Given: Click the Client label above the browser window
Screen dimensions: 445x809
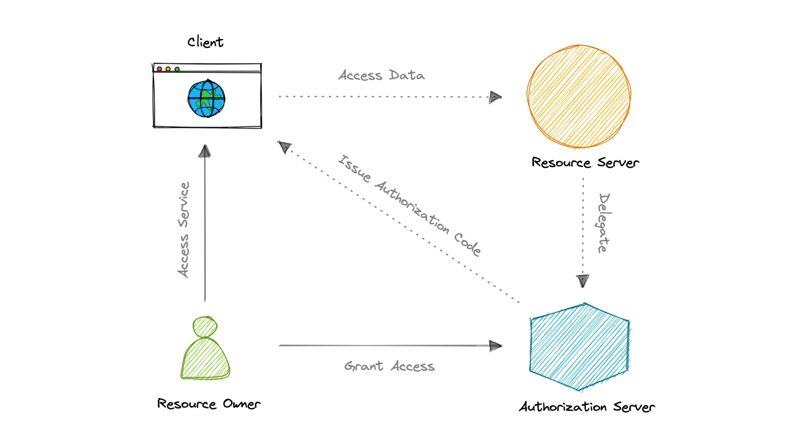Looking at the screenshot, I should (205, 42).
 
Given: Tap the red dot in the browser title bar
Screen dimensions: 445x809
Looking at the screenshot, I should (159, 69).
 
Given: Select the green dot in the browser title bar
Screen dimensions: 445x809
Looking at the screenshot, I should (177, 69).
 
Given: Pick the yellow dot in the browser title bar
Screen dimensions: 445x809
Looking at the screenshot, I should (168, 69).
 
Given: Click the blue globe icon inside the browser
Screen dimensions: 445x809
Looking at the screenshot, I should (206, 99).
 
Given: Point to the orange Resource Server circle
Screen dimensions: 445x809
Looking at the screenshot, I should (578, 96).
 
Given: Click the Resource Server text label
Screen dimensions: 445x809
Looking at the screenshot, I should (585, 162).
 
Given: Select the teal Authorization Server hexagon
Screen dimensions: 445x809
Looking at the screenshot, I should (579, 347).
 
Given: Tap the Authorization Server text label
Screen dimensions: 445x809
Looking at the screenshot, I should (587, 407).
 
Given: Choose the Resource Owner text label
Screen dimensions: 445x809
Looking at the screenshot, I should (209, 404).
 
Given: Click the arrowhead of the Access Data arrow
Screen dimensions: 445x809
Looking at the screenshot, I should (495, 97).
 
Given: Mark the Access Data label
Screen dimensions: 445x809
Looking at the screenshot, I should (382, 75).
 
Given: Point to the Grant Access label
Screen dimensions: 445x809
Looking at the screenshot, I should (389, 366).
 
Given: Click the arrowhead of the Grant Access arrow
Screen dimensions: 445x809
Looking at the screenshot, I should (495, 346).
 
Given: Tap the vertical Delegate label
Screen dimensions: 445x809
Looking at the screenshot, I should (604, 223).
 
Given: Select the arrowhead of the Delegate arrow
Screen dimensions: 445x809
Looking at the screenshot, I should (583, 281).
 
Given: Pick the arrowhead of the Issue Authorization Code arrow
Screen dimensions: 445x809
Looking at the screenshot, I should (284, 146).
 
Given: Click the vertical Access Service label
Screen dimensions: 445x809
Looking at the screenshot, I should (184, 229).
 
